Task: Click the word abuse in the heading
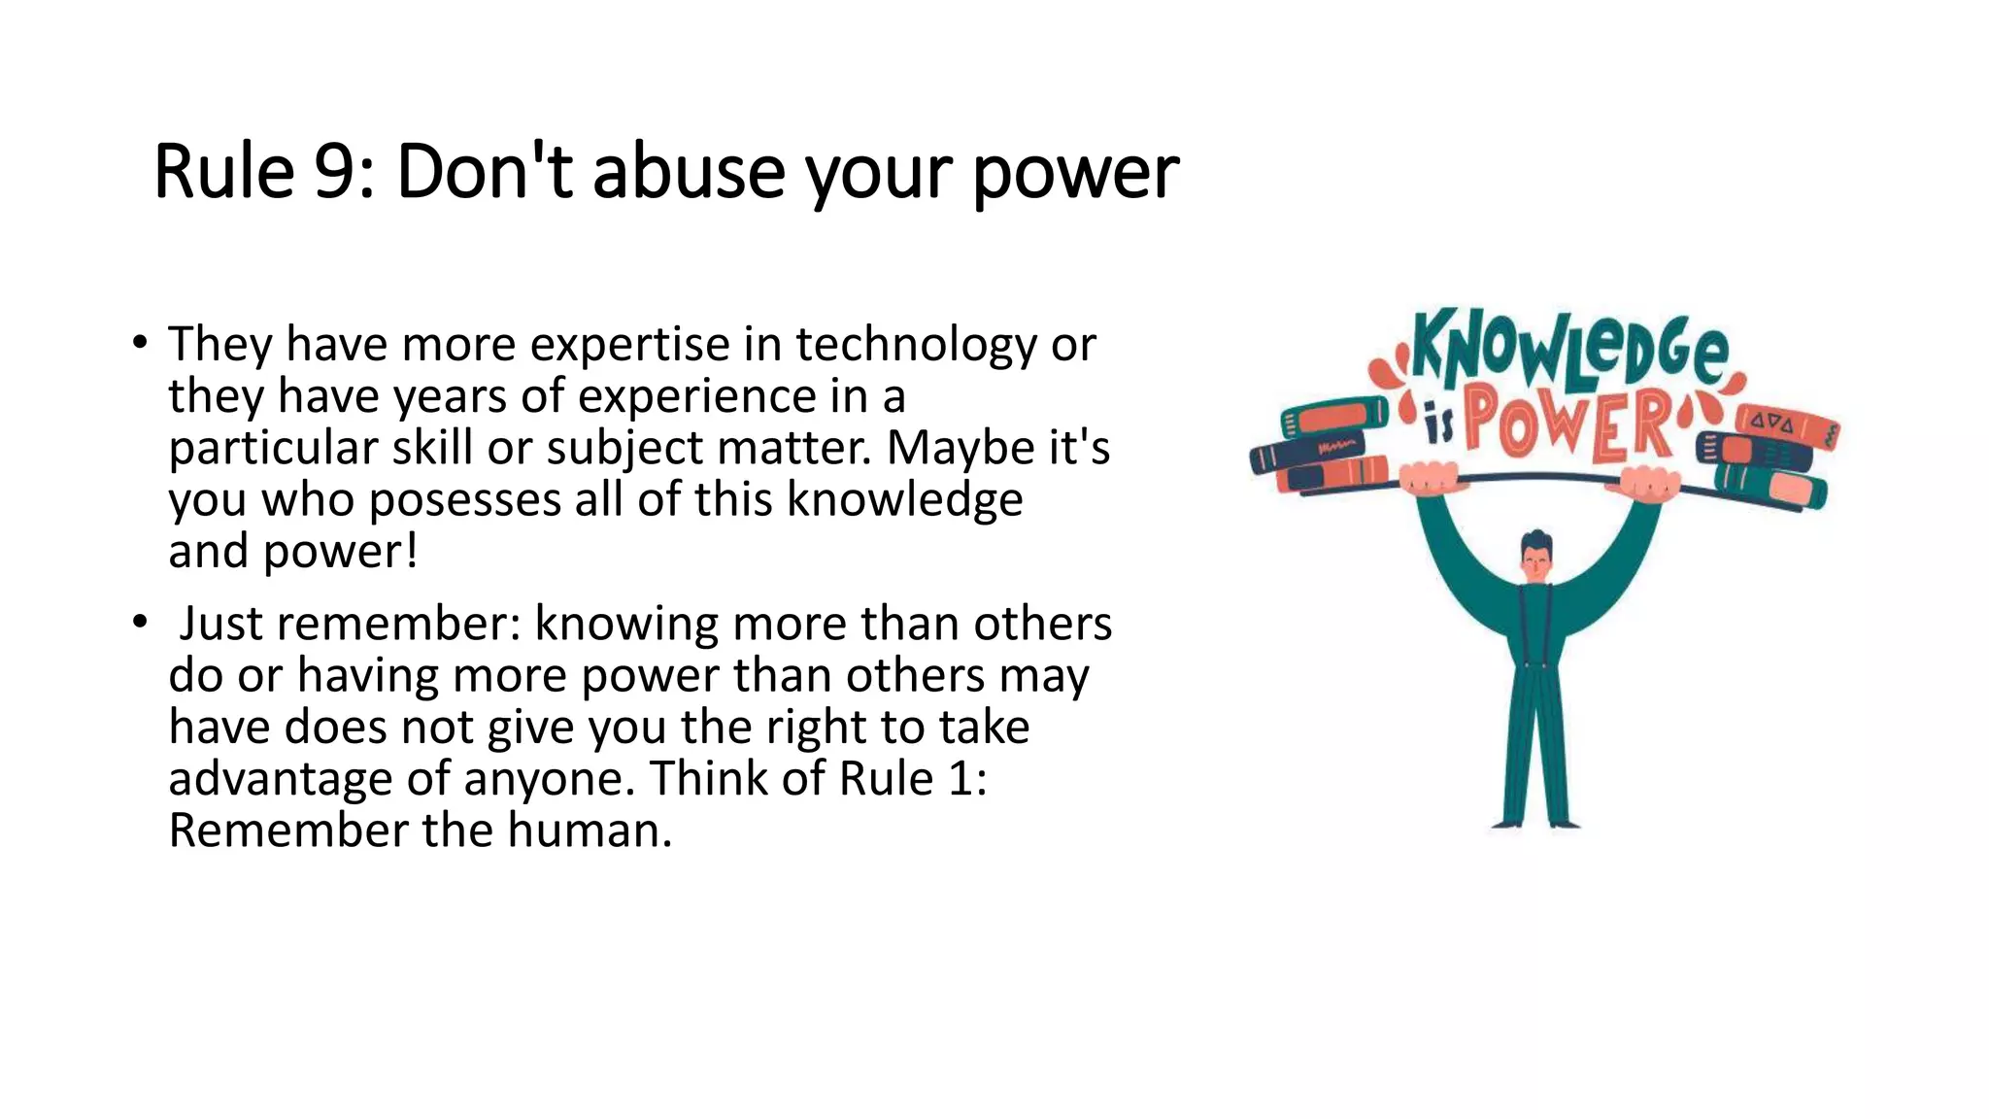tap(688, 173)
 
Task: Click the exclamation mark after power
tap(412, 552)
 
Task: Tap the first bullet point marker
tap(141, 343)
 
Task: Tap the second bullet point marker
tap(141, 622)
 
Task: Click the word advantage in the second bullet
tap(280, 780)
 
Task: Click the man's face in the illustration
tap(1536, 561)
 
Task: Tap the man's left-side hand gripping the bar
tap(1429, 479)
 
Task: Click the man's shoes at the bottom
tap(1536, 824)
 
